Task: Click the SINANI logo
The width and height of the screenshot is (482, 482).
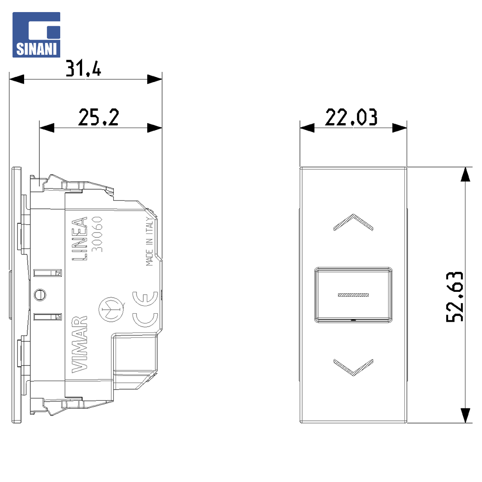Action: pyautogui.click(x=36, y=35)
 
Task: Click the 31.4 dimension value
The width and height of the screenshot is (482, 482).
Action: pyautogui.click(x=83, y=68)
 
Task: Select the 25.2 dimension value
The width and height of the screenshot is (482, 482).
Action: pyautogui.click(x=98, y=117)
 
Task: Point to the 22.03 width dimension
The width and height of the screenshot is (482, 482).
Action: pyautogui.click(x=351, y=117)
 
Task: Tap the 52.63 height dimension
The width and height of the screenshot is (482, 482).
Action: pyautogui.click(x=455, y=297)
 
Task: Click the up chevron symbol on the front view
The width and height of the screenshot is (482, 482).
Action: pyautogui.click(x=353, y=222)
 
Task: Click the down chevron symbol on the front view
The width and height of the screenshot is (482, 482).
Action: pyautogui.click(x=353, y=367)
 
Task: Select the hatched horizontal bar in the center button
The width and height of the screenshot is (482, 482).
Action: pyautogui.click(x=353, y=295)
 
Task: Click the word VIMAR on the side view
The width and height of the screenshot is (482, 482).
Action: pyautogui.click(x=79, y=344)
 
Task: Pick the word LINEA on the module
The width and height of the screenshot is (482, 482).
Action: pyautogui.click(x=79, y=238)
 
